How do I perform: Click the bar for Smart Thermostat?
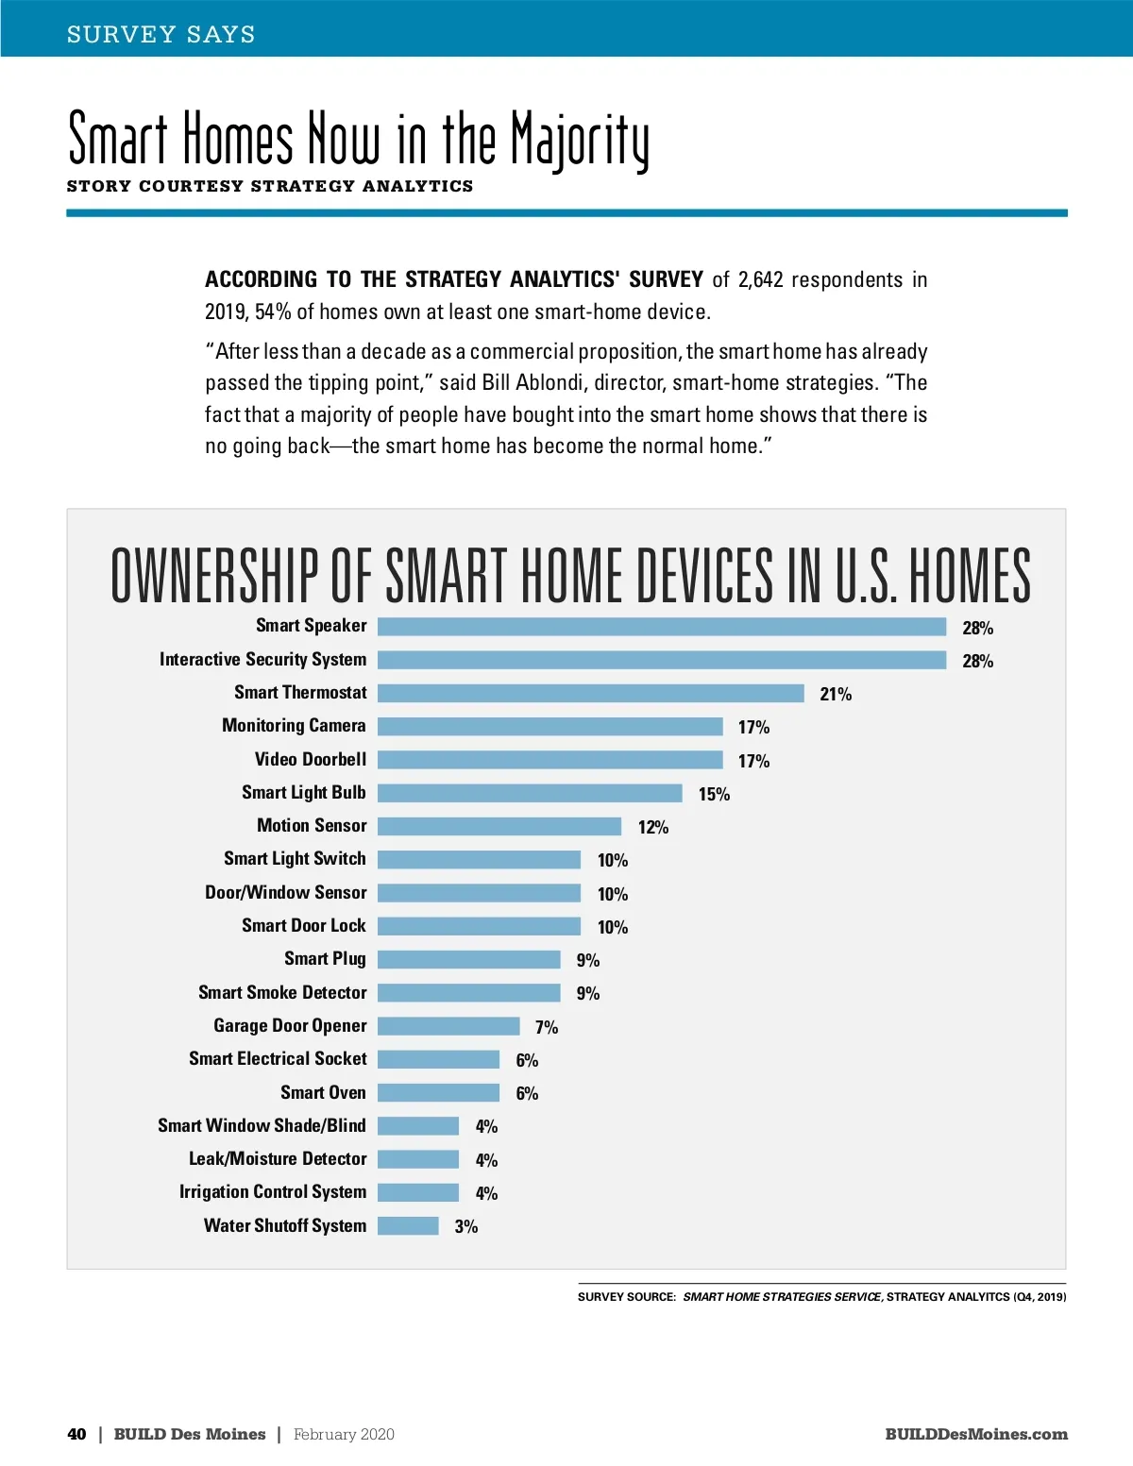(x=590, y=693)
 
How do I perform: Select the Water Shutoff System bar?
(x=408, y=1225)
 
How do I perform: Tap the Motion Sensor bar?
(x=499, y=826)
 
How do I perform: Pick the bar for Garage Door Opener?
(x=448, y=1026)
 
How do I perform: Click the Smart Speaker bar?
(x=661, y=627)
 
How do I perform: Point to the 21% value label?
(x=836, y=694)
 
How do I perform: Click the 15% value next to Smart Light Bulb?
(x=714, y=794)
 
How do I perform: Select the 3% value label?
(x=466, y=1226)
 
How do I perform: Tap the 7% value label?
(x=547, y=1027)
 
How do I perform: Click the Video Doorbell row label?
(x=311, y=759)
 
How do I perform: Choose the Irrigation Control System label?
(x=273, y=1191)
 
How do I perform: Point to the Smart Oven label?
(x=323, y=1092)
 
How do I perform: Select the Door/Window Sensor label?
(x=286, y=892)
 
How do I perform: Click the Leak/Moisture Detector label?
(x=278, y=1158)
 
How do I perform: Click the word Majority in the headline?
(x=580, y=140)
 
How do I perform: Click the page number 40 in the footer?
(x=76, y=1434)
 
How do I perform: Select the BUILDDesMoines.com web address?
(x=976, y=1434)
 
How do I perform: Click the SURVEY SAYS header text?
(x=161, y=34)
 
